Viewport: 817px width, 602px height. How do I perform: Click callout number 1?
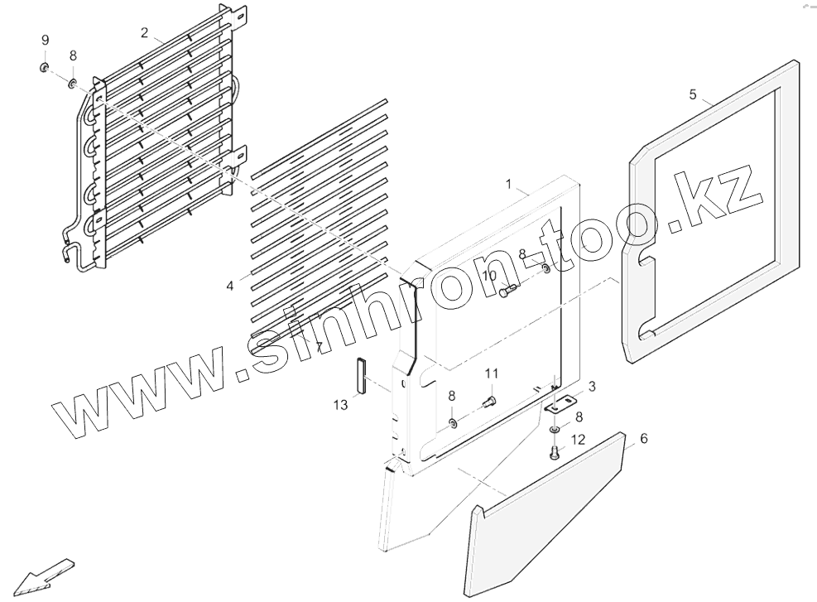pos(509,183)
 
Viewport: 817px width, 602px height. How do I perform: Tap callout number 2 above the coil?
pos(145,33)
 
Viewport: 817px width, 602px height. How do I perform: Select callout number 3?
pos(592,387)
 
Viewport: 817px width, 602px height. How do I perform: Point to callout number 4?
pos(229,286)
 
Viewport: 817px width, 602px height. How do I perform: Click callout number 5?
pos(693,94)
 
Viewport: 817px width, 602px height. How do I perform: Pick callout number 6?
pos(644,439)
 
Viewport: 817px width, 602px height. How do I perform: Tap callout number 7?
pos(319,345)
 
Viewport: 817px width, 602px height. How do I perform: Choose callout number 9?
pos(46,41)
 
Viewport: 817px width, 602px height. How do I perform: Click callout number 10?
pos(489,275)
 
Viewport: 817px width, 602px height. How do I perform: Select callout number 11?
pos(491,373)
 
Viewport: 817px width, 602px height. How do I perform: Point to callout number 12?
pos(578,439)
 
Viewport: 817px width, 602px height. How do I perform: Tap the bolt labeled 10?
pos(507,290)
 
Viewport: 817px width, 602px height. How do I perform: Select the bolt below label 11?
pos(488,402)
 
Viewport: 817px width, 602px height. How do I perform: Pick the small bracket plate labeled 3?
pos(561,405)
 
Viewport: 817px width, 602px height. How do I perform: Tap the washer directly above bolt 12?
pos(554,431)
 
